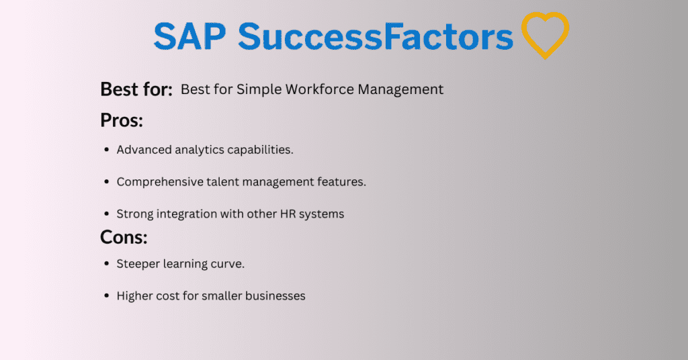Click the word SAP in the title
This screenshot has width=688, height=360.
(x=189, y=36)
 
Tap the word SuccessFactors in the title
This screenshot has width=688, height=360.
(x=376, y=36)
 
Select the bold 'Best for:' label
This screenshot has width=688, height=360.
(x=136, y=89)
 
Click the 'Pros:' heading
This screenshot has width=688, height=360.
(x=122, y=120)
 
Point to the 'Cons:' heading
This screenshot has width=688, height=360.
(x=124, y=237)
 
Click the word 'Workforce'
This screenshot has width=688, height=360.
(x=319, y=89)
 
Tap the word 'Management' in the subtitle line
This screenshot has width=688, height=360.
(x=400, y=90)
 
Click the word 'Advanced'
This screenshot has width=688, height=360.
(x=144, y=150)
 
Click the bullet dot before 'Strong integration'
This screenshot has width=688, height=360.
(x=106, y=214)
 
